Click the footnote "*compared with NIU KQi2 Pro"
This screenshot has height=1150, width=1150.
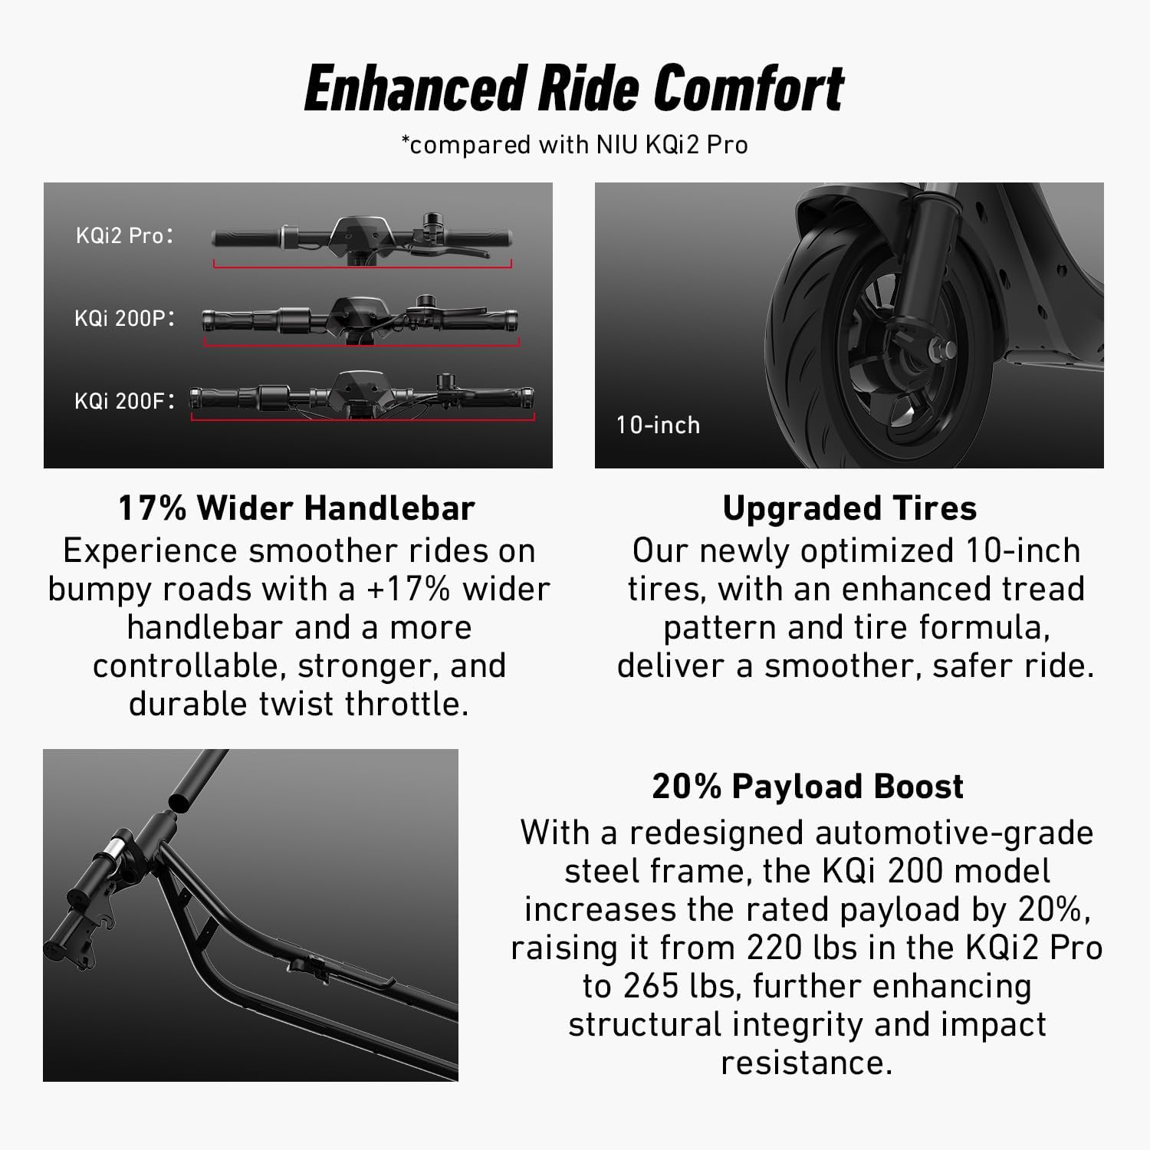pos(574,144)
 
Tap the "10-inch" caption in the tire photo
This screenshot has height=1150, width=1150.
pos(658,425)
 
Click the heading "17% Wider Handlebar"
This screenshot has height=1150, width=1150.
pos(297,508)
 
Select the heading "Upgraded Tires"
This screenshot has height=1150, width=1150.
pos(849,508)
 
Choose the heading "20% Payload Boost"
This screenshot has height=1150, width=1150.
pos(807,787)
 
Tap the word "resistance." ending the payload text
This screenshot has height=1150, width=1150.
pos(807,1063)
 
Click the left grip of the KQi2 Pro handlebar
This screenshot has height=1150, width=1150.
pos(244,238)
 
